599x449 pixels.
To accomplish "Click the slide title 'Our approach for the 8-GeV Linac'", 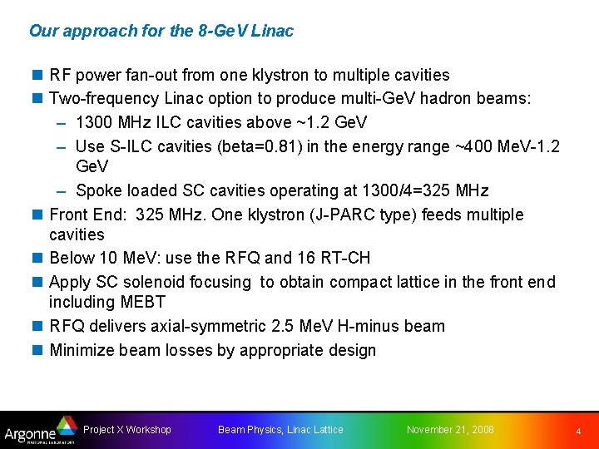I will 161,32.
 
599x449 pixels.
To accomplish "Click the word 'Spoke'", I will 97,191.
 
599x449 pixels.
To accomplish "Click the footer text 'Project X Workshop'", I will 127,430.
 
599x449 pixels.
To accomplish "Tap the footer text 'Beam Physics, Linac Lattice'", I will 280,430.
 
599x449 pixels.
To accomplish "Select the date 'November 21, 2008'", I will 450,430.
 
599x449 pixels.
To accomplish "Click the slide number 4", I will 579,432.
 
